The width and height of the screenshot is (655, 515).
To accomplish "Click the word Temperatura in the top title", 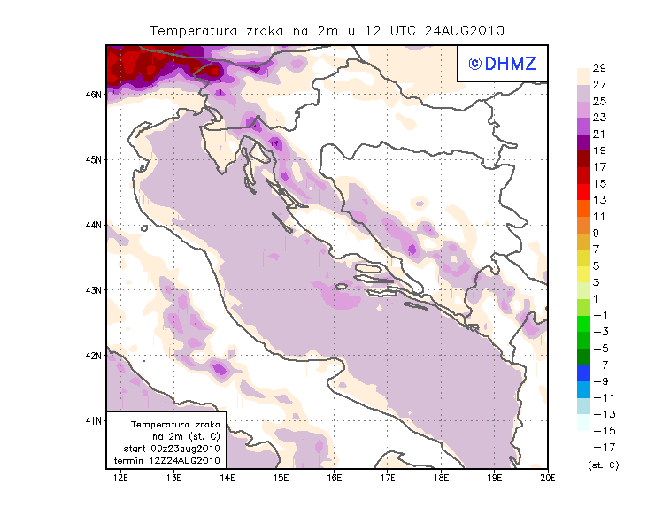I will pyautogui.click(x=192, y=30).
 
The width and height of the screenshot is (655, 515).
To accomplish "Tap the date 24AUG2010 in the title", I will pyautogui.click(x=464, y=30).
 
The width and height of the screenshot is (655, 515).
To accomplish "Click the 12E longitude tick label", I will pyautogui.click(x=121, y=478).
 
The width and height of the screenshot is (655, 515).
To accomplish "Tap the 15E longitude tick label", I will pyautogui.click(x=281, y=478).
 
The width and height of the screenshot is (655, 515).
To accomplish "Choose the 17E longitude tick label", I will pyautogui.click(x=388, y=478).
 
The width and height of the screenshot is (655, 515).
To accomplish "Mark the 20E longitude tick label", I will pyautogui.click(x=547, y=478).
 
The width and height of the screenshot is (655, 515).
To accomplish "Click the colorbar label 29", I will pyautogui.click(x=599, y=68).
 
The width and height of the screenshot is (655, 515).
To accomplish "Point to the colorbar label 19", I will pyautogui.click(x=599, y=150).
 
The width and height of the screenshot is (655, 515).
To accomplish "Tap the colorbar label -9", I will pyautogui.click(x=599, y=380).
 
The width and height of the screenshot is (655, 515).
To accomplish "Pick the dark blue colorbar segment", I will pyautogui.click(x=583, y=373).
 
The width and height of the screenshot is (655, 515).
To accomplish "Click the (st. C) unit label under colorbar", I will pyautogui.click(x=603, y=465).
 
